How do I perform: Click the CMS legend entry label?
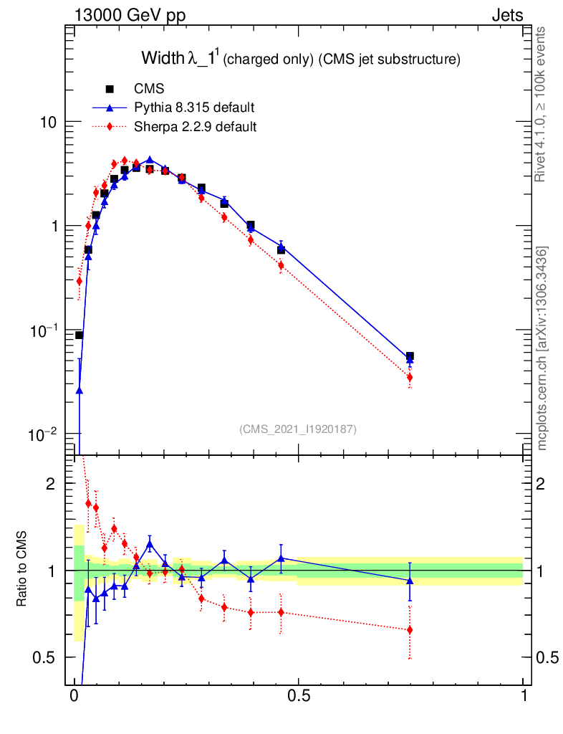(x=149, y=89)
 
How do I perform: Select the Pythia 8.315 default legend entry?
(x=193, y=108)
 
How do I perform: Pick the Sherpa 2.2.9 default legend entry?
(x=195, y=128)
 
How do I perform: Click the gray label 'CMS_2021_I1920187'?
(x=298, y=429)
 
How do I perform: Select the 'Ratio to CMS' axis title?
(x=22, y=570)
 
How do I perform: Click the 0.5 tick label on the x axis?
(x=299, y=696)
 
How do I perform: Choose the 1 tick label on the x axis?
(x=523, y=696)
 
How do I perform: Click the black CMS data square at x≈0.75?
(x=410, y=356)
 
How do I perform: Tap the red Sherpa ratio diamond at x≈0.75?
(x=410, y=630)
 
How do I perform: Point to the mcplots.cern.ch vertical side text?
(x=542, y=348)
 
